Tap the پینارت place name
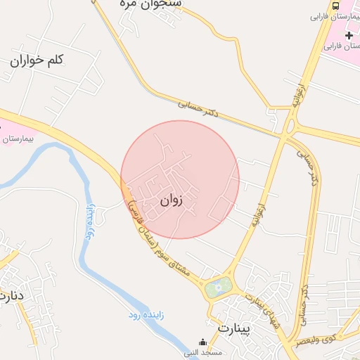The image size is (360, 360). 234,328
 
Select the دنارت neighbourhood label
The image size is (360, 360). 13,295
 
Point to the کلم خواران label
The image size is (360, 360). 37,60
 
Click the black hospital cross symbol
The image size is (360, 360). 349,34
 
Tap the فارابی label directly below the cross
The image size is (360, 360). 341,46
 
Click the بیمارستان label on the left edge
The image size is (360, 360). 15,139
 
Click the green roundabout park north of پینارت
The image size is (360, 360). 219,287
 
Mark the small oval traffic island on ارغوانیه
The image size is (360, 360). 290,126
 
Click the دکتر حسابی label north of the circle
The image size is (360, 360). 198,108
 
